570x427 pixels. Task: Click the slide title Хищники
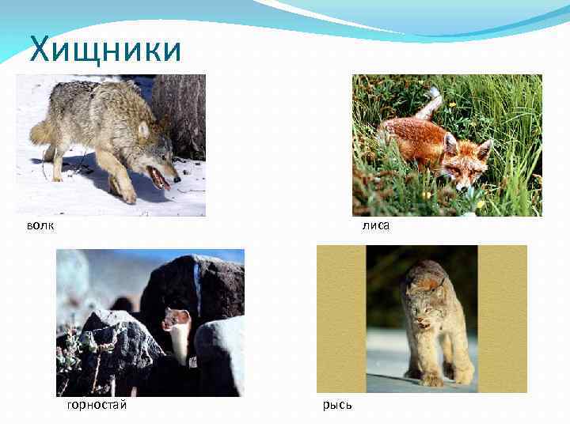coord(105,50)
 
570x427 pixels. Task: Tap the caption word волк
coord(40,226)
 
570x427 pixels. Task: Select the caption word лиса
coord(376,226)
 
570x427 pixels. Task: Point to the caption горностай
coord(97,405)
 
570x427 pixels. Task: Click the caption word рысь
coord(337,405)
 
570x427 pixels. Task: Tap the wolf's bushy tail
coord(44,130)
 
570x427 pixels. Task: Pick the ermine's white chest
coord(180,338)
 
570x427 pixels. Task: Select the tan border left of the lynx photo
coord(340,316)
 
